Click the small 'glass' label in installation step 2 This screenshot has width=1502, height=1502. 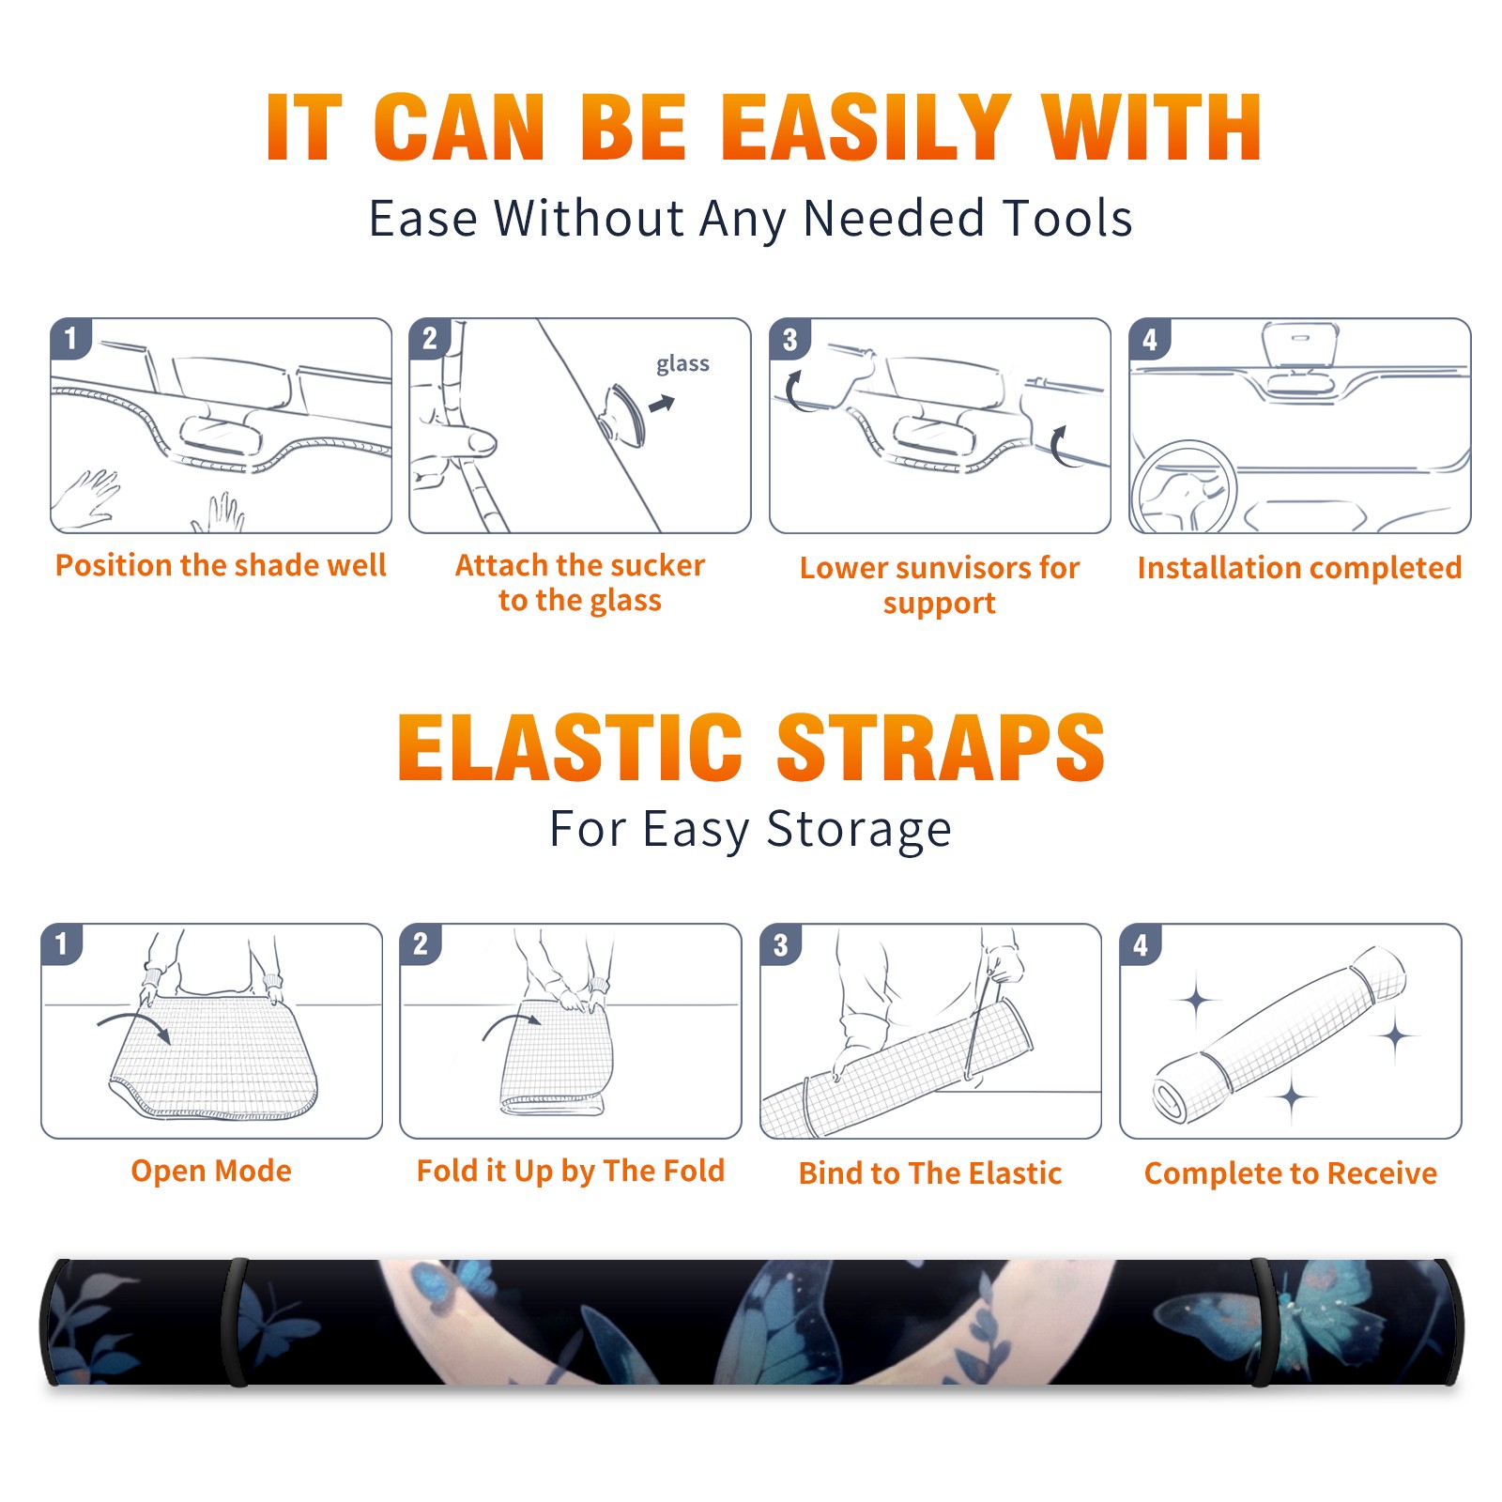click(x=682, y=363)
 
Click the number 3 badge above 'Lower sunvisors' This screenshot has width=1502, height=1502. click(x=789, y=339)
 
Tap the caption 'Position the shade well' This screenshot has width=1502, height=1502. click(x=221, y=565)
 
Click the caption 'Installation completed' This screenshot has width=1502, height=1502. click(x=1299, y=568)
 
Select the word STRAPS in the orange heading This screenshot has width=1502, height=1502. click(x=941, y=747)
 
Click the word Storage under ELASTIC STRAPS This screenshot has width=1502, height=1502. click(x=859, y=830)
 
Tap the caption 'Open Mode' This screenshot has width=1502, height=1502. click(x=211, y=1171)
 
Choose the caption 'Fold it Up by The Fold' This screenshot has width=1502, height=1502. click(x=571, y=1171)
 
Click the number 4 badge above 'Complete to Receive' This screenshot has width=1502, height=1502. click(x=1140, y=944)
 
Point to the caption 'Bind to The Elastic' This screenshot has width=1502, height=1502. click(x=930, y=1173)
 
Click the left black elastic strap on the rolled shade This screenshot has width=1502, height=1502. click(x=235, y=1322)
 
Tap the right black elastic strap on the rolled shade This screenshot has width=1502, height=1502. click(x=1264, y=1323)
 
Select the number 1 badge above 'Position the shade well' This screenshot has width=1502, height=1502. click(x=70, y=338)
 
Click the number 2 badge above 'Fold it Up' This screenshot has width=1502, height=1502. click(x=420, y=943)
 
